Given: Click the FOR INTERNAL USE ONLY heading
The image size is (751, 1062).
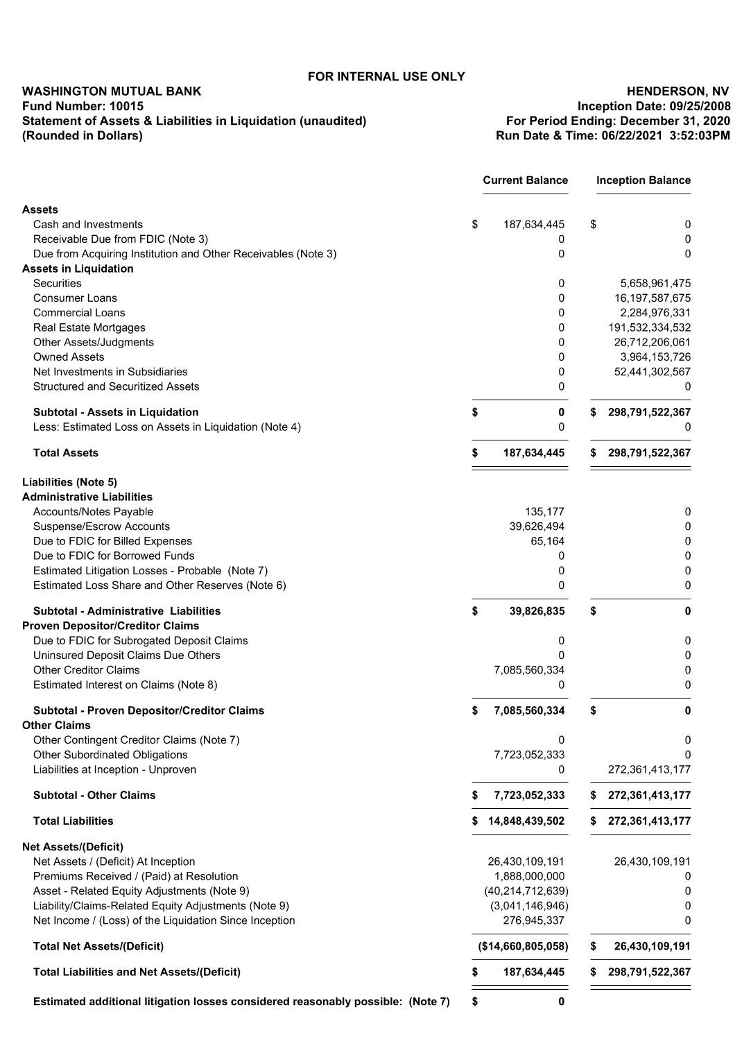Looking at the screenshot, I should [x=386, y=76].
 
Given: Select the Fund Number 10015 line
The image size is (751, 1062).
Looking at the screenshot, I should [x=83, y=106].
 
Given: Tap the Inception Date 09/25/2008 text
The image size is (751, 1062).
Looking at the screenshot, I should [x=653, y=106].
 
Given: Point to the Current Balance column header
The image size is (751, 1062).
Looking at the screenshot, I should [x=525, y=180].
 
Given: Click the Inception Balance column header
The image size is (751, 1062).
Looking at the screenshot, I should [x=643, y=180].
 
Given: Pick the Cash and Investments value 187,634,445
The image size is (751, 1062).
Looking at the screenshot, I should [x=533, y=225].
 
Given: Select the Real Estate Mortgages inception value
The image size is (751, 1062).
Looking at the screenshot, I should [x=649, y=328].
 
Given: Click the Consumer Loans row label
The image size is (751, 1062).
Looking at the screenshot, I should [x=75, y=298].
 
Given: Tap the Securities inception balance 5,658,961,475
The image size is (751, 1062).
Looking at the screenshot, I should [x=655, y=284].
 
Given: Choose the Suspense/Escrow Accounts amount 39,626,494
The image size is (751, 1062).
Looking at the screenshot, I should [x=537, y=526].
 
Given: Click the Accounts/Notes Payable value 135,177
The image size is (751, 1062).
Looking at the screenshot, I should [x=544, y=512].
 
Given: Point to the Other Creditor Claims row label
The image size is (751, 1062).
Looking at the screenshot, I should [x=86, y=670].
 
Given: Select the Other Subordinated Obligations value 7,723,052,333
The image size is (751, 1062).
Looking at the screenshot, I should [x=529, y=755].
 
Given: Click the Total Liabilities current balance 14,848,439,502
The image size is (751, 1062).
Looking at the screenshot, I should [x=526, y=821].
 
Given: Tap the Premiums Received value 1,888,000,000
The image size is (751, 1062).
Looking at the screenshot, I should [x=529, y=876].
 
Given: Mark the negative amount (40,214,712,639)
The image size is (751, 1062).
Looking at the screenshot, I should [x=526, y=891].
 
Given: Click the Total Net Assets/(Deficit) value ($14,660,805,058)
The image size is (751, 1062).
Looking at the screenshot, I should [x=523, y=946].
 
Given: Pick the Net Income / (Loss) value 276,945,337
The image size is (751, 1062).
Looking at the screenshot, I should [x=533, y=920].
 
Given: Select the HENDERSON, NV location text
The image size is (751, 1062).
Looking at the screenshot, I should [x=677, y=92].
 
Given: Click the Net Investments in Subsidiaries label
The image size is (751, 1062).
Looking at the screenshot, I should [x=110, y=372].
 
